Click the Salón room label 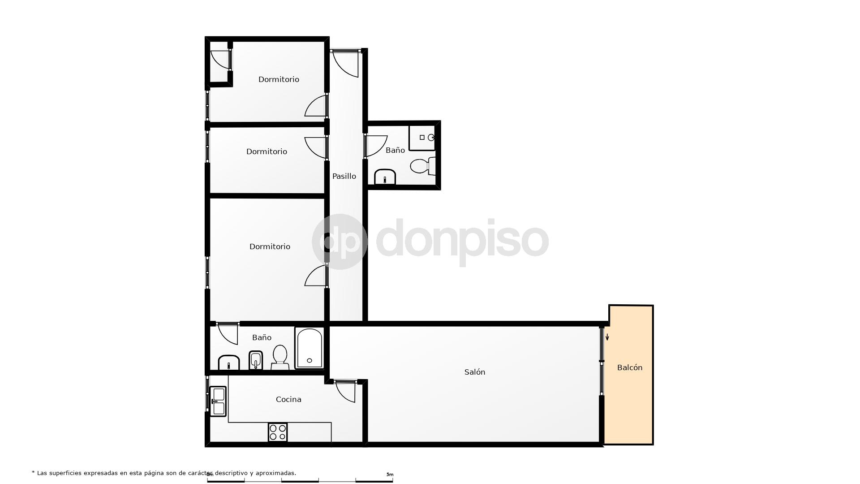click(x=474, y=372)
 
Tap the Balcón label click(x=629, y=367)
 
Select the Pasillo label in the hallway click(x=344, y=176)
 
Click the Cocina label click(x=288, y=399)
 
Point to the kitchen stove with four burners click(x=278, y=432)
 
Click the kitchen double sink click(x=219, y=401)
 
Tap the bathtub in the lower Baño click(x=309, y=348)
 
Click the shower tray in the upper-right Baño click(x=422, y=138)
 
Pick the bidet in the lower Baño click(x=255, y=360)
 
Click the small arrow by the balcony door click(x=607, y=337)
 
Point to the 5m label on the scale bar click(x=390, y=474)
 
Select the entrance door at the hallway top click(x=345, y=63)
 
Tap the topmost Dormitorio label click(x=279, y=79)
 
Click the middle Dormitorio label click(x=267, y=151)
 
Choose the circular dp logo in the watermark click(x=340, y=242)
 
